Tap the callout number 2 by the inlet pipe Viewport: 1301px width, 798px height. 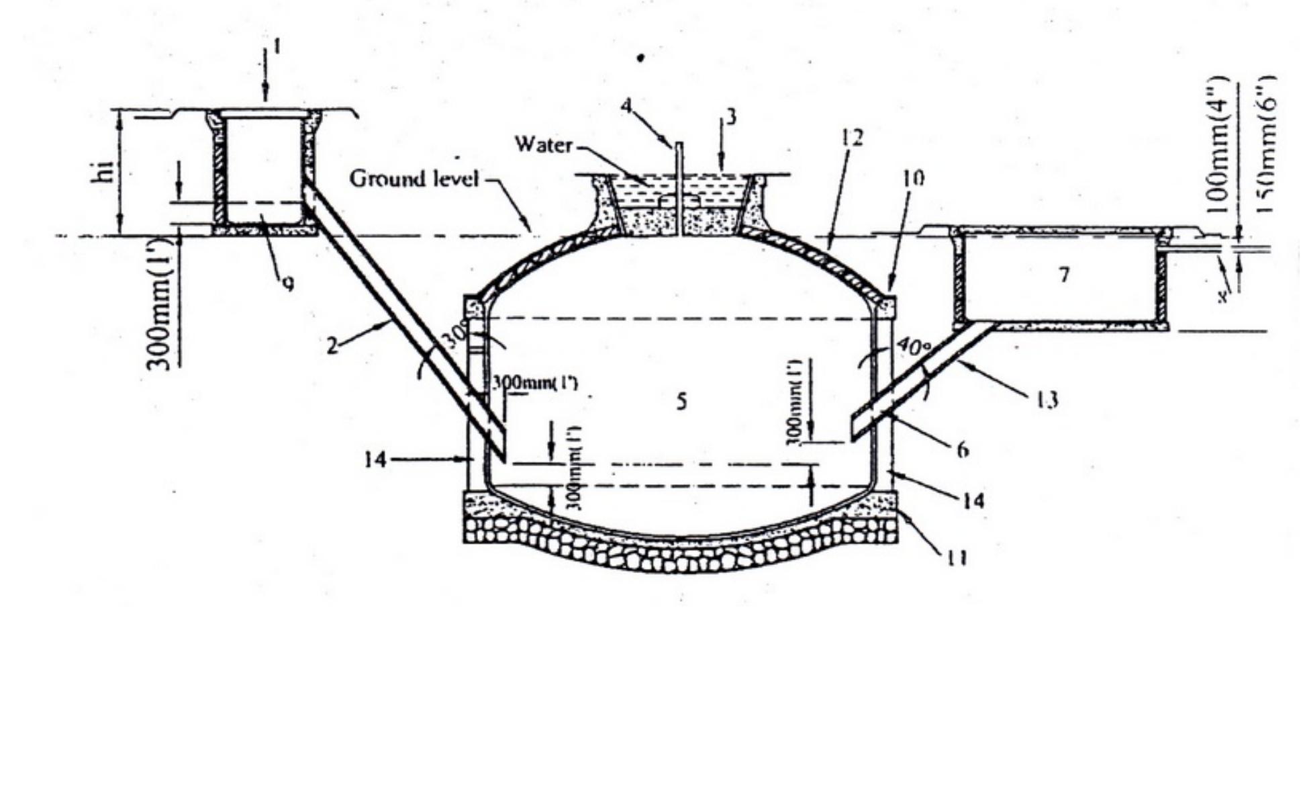[x=332, y=347]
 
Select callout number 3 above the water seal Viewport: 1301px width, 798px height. [x=731, y=118]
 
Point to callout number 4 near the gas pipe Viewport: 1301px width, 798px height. [x=626, y=106]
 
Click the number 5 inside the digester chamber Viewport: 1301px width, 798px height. [x=681, y=402]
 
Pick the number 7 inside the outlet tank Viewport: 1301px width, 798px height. [x=1063, y=275]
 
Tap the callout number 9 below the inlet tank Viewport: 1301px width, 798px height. [x=288, y=284]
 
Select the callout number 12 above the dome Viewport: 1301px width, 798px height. [x=851, y=138]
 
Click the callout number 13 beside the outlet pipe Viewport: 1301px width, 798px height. [x=1048, y=400]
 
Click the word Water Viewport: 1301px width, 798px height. [x=544, y=144]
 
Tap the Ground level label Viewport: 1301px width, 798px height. [x=414, y=179]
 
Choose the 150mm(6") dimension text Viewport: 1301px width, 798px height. [x=1265, y=144]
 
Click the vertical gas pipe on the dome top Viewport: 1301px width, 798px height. [x=679, y=188]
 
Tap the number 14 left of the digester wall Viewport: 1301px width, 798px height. [x=376, y=460]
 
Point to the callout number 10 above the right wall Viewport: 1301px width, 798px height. [x=913, y=178]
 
